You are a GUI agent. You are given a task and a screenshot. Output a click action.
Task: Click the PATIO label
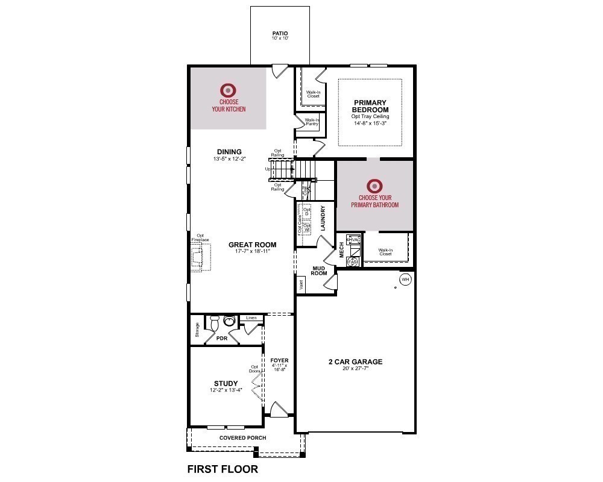[280, 33]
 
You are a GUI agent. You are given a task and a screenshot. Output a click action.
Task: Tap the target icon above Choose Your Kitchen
[229, 90]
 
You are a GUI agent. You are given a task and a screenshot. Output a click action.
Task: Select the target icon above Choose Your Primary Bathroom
[374, 185]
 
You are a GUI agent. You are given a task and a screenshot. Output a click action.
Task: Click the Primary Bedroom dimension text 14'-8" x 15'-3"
[370, 123]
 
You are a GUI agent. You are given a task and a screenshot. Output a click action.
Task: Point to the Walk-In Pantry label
[312, 122]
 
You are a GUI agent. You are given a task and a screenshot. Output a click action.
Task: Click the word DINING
[229, 152]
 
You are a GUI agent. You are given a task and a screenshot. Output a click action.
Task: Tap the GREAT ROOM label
[252, 245]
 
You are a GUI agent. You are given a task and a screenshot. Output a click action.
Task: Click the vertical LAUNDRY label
[323, 219]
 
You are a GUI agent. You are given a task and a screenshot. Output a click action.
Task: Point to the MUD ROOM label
[319, 270]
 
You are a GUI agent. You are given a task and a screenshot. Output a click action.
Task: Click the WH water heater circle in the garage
[405, 280]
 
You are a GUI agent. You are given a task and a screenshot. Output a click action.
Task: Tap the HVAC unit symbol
[353, 239]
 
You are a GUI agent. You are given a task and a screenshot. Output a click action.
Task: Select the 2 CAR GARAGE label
[355, 362]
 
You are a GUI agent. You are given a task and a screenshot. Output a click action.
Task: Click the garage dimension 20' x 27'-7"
[355, 370]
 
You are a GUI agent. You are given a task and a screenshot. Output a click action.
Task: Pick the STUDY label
[226, 383]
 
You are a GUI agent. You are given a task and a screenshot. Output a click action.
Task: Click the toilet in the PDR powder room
[228, 321]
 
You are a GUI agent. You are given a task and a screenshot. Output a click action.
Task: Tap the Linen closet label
[251, 318]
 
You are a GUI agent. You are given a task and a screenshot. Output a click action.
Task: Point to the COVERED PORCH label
[242, 438]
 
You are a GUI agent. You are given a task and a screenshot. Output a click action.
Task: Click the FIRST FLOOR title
[223, 469]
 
